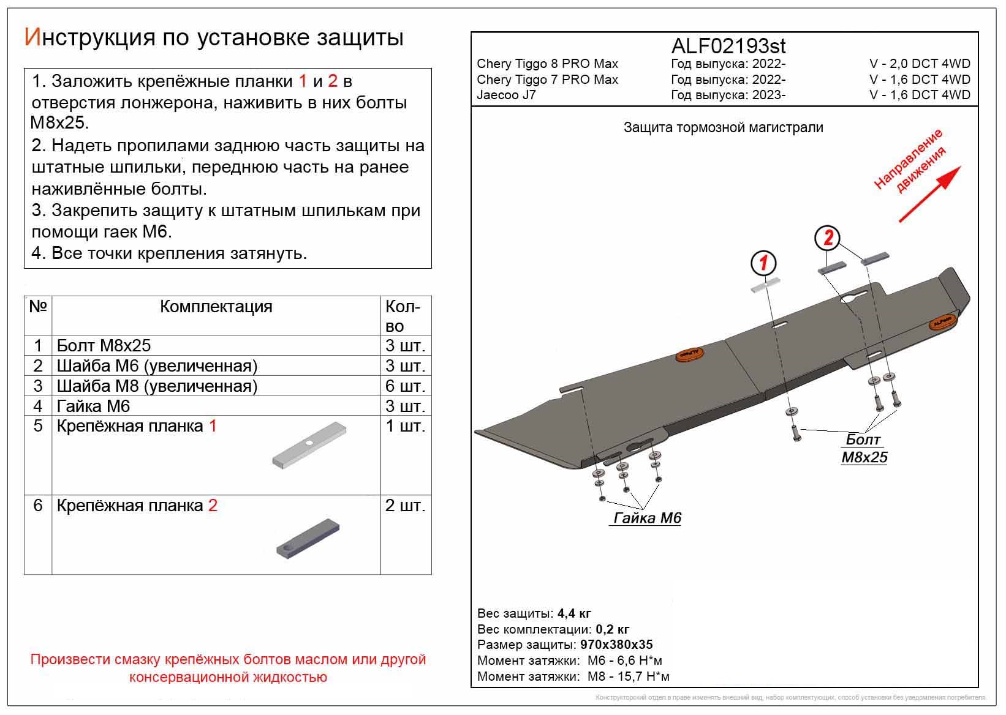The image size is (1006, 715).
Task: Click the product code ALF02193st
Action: [x=728, y=47]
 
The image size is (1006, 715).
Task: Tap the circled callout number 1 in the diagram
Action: [x=764, y=264]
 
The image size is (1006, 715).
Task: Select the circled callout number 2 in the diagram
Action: [x=828, y=238]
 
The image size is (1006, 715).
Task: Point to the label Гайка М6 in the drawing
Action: [x=647, y=518]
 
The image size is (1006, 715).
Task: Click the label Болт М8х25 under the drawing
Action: [x=864, y=449]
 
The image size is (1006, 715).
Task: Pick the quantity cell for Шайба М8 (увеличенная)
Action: [x=405, y=386]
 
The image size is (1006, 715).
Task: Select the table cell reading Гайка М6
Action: [x=93, y=406]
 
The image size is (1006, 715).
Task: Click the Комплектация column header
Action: [x=216, y=307]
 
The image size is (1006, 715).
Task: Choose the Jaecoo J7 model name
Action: [x=506, y=95]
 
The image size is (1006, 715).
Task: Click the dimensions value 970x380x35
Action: [x=614, y=645]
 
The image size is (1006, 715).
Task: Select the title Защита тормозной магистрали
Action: [x=723, y=127]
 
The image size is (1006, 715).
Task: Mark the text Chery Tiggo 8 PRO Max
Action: [x=547, y=64]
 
